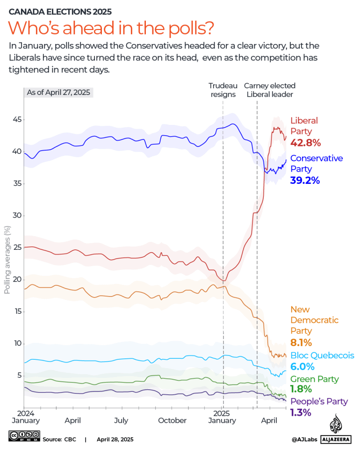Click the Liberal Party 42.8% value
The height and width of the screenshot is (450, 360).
(x=305, y=143)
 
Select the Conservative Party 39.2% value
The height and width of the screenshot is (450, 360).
(x=305, y=180)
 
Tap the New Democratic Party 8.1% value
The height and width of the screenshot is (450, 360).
(x=301, y=342)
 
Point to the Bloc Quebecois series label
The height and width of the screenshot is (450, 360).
(x=322, y=356)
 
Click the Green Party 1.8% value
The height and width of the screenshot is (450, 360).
(x=301, y=389)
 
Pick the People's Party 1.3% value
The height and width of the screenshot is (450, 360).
(x=301, y=412)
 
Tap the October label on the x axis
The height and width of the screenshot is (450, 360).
(x=172, y=421)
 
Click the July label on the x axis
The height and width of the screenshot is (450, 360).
(x=121, y=421)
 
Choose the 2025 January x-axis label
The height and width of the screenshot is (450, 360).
(x=222, y=417)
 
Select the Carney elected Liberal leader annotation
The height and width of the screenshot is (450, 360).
(x=269, y=90)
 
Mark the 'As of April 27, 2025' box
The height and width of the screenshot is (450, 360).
(x=59, y=92)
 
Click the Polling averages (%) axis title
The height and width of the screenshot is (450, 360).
(x=7, y=259)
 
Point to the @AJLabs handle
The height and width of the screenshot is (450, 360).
(x=305, y=439)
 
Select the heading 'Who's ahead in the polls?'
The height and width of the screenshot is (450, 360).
(x=111, y=29)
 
